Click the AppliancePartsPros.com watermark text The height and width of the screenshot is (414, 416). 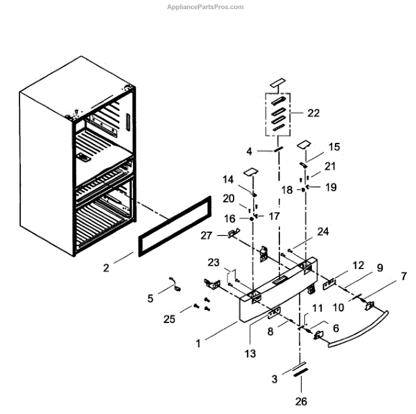tap(206, 7)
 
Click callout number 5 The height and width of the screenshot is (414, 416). tap(150, 299)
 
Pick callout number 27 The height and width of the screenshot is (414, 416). tap(206, 236)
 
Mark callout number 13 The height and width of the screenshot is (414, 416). tap(250, 353)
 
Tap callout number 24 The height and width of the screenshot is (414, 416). tap(322, 232)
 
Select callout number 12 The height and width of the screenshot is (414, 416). tap(358, 265)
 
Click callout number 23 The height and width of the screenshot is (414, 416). tap(213, 263)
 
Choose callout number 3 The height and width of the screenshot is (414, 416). tap(274, 379)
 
